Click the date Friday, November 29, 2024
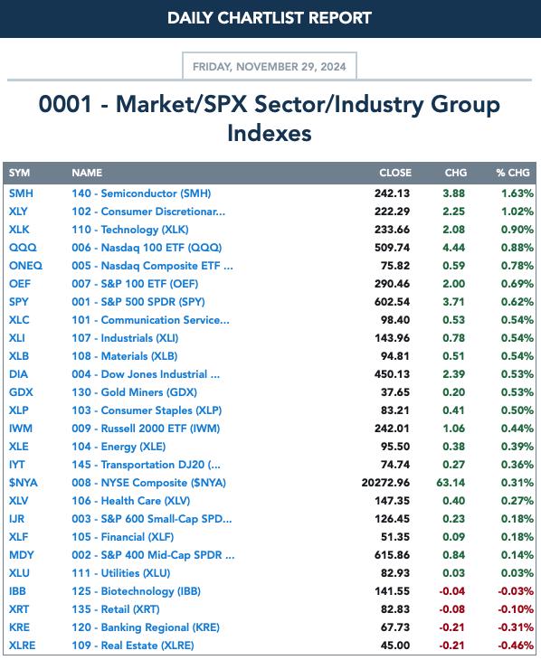click(270, 67)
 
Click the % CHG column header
click(512, 173)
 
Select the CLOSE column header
click(395, 173)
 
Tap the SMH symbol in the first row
click(21, 193)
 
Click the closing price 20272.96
click(385, 483)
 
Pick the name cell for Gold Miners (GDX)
click(134, 391)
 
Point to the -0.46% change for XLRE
click(516, 646)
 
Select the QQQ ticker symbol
click(23, 248)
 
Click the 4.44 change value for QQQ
click(453, 248)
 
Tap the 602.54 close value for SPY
click(392, 302)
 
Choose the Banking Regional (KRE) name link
click(146, 627)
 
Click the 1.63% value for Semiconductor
click(517, 193)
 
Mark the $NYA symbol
click(24, 483)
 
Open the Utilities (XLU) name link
click(121, 573)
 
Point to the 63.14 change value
click(451, 483)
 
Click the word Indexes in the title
click(270, 133)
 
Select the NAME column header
click(87, 173)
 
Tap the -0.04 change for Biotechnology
click(451, 591)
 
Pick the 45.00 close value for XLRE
click(394, 646)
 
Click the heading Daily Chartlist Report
click(270, 18)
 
